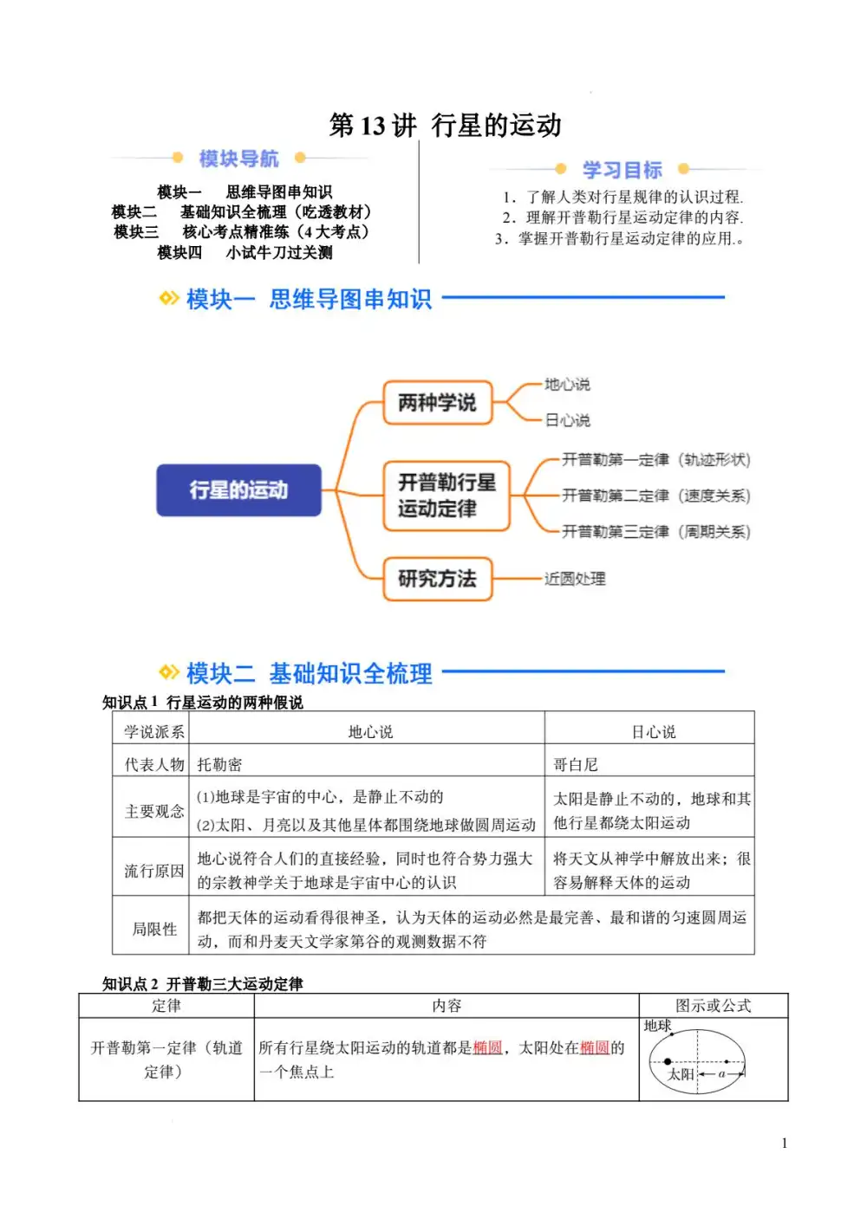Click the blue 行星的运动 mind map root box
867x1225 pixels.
[x=238, y=490]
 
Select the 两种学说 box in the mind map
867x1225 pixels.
[x=438, y=403]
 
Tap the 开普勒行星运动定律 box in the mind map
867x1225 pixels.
[x=447, y=496]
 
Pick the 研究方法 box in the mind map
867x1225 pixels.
[x=438, y=579]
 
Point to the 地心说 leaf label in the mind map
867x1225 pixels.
[x=567, y=385]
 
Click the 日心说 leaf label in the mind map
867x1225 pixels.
[x=567, y=420]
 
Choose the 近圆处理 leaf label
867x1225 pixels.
[x=575, y=579]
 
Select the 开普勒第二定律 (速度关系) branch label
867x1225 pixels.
[x=655, y=496]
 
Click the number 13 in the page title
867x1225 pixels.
[x=372, y=126]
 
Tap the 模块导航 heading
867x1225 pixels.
[x=238, y=159]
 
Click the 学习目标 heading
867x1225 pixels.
[x=622, y=170]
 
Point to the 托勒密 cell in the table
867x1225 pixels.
[x=219, y=764]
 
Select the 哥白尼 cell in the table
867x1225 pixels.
[x=576, y=764]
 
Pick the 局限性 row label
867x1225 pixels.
[x=154, y=929]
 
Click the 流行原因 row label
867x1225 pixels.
[x=154, y=871]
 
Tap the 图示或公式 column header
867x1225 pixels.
[x=713, y=1006]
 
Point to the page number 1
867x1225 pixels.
[x=785, y=1143]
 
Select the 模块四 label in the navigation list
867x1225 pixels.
[x=179, y=253]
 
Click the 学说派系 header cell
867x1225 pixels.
[x=154, y=732]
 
